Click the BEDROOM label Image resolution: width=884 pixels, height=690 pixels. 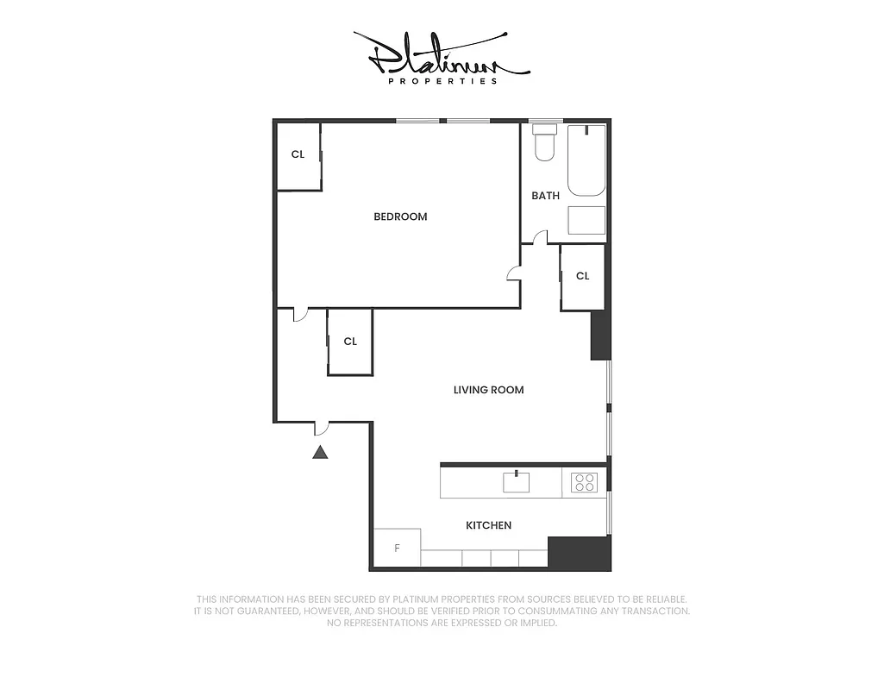[400, 216]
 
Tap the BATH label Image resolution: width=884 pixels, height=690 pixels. [545, 196]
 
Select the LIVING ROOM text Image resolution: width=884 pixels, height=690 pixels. [488, 390]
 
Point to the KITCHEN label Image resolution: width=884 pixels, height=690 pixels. [488, 525]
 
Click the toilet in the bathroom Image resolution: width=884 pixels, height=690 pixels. [544, 143]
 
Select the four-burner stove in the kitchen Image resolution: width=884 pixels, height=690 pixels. [584, 483]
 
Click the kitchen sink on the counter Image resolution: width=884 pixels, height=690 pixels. [516, 482]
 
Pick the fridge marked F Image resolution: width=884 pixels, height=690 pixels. [397, 548]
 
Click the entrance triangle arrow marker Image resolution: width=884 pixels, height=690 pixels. [320, 451]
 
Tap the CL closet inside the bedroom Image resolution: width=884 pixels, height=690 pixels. [298, 155]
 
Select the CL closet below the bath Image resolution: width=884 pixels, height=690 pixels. [582, 276]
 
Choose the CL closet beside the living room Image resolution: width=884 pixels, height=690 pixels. [350, 342]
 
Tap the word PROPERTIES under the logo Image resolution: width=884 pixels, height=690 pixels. [442, 81]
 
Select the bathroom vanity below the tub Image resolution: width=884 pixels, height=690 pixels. [586, 222]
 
